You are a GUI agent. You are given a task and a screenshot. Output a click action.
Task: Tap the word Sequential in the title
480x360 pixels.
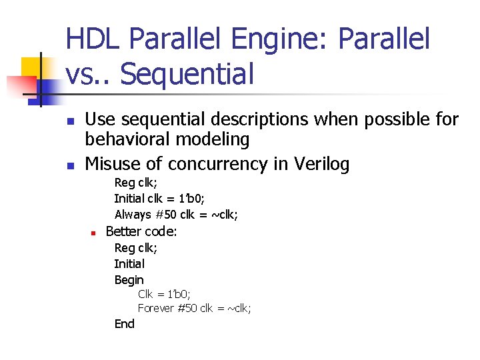tap(187, 74)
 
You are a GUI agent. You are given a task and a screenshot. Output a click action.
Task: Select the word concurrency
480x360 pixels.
tap(210, 163)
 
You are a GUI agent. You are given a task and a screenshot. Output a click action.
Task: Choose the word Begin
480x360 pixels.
tap(129, 280)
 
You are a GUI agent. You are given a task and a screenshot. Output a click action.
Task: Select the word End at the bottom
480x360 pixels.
tap(124, 324)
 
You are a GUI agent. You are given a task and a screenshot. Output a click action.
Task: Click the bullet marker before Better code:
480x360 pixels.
tap(95, 233)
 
